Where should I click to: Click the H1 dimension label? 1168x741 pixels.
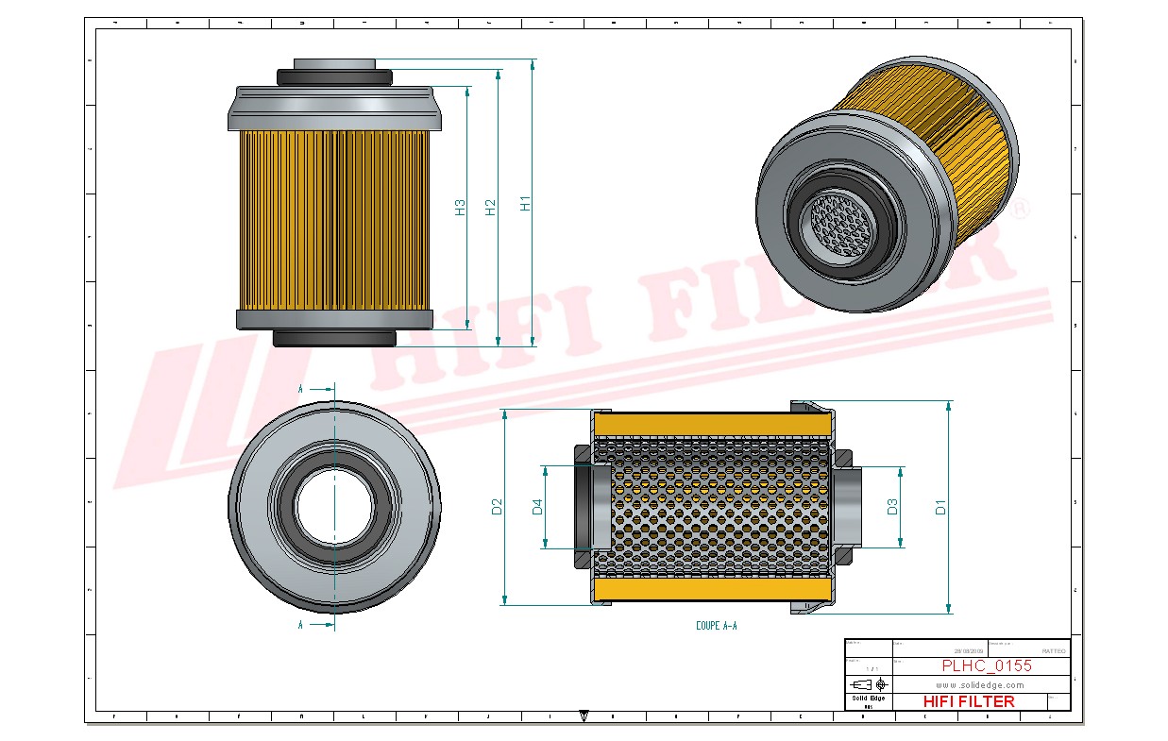526,203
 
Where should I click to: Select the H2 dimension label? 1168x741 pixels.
490,207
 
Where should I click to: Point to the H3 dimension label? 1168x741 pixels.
460,208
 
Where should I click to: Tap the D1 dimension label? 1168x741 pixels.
940,507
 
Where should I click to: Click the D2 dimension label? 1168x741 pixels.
497,507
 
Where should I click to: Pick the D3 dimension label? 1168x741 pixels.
892,507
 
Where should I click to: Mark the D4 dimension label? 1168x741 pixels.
537,507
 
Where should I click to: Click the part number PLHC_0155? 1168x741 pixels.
986,666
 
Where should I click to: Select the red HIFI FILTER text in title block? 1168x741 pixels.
968,701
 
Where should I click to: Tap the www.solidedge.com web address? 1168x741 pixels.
980,684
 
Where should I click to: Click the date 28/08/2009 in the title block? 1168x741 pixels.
969,651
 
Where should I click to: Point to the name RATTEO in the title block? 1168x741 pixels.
1053,651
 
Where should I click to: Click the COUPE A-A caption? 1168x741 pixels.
716,626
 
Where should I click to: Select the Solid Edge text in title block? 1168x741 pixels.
868,699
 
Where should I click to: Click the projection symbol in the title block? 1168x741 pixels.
868,683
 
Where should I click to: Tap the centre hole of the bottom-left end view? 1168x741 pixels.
334,507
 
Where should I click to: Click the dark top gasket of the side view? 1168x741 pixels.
334,76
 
